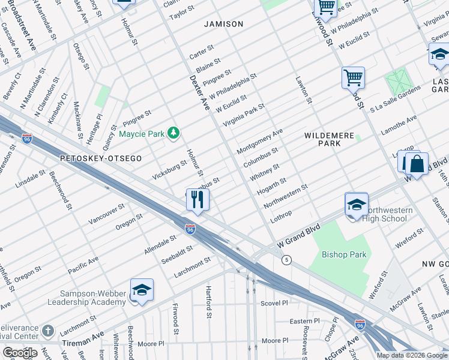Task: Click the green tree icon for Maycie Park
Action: (x=173, y=132)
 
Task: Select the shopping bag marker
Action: (x=416, y=163)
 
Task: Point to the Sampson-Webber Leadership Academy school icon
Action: (x=142, y=290)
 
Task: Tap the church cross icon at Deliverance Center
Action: (x=48, y=331)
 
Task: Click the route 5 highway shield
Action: (x=287, y=259)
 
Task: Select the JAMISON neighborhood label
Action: (x=223, y=24)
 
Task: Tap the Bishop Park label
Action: (x=344, y=254)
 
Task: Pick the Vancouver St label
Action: (x=106, y=214)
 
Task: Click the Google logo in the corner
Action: (x=20, y=352)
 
